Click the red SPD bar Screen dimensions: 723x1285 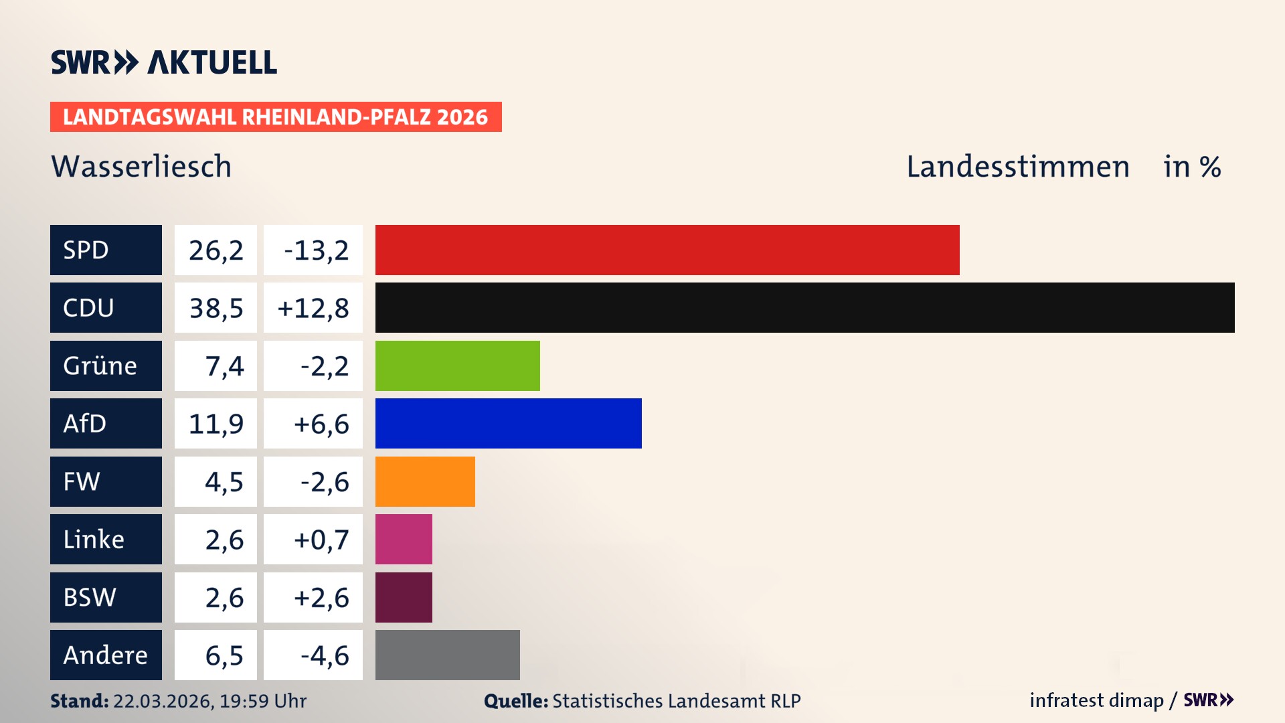(x=667, y=250)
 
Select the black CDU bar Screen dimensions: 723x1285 (x=804, y=307)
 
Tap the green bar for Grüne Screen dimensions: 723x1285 (x=457, y=366)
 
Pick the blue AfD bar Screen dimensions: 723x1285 (x=508, y=423)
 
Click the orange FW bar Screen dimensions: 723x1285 (x=425, y=481)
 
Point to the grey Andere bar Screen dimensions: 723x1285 (x=447, y=655)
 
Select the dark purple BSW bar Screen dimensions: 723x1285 (x=404, y=597)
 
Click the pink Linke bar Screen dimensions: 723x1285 (x=404, y=539)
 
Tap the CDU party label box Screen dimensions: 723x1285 (x=106, y=307)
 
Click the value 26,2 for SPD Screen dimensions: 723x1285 (x=216, y=250)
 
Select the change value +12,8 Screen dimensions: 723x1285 (x=313, y=307)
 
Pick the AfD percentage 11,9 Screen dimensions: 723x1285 (x=216, y=423)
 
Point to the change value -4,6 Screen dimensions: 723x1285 (x=324, y=655)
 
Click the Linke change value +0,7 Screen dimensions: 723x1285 (x=321, y=539)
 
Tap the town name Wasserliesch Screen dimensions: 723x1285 (x=141, y=166)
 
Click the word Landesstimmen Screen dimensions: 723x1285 (x=1017, y=166)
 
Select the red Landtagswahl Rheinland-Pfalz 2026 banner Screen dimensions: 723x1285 (x=276, y=116)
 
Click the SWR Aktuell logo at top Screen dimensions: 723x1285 (x=163, y=62)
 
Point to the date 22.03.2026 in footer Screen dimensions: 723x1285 (x=163, y=701)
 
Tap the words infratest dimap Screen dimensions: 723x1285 (x=1096, y=700)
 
